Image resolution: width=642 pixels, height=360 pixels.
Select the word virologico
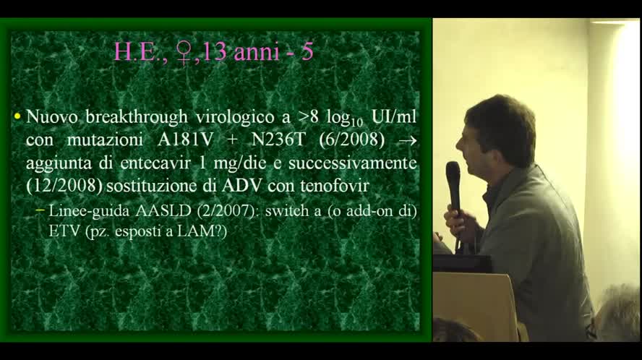(229, 116)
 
